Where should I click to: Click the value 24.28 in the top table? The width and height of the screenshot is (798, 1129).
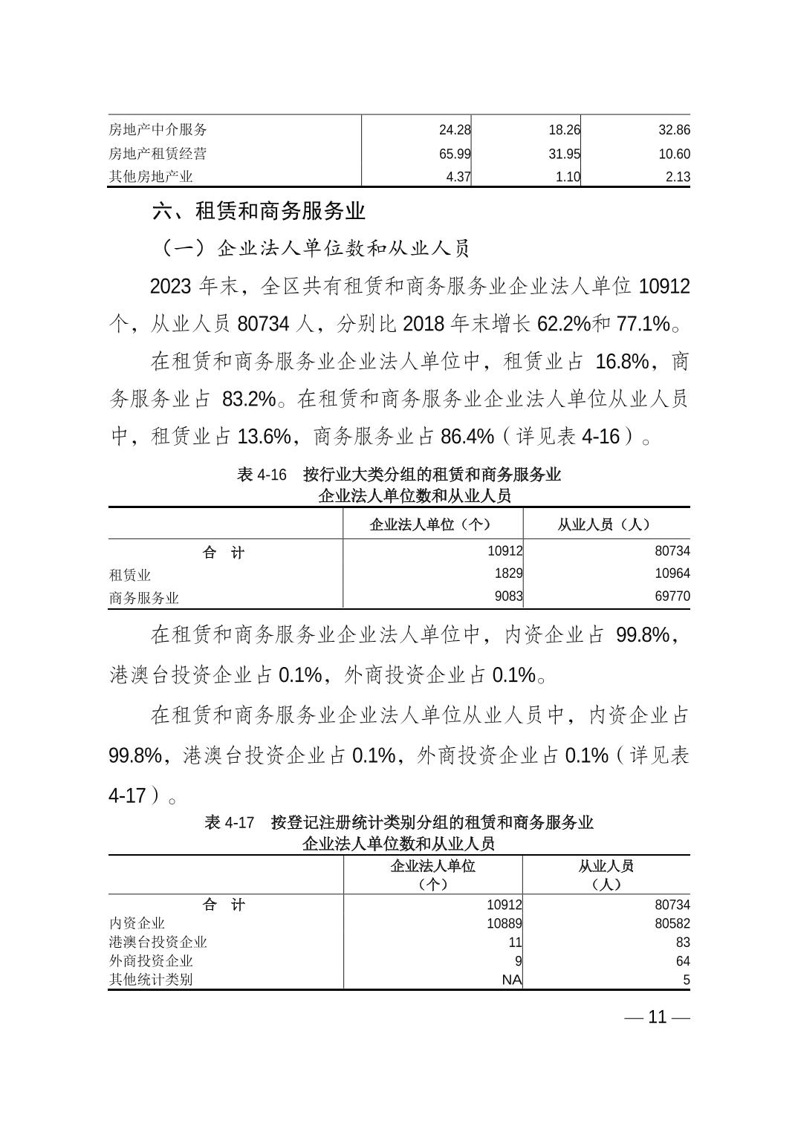click(455, 130)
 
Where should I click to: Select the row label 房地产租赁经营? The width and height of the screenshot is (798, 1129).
click(158, 154)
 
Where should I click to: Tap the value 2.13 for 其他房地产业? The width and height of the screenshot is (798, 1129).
click(674, 177)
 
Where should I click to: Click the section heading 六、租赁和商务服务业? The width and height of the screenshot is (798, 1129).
click(259, 211)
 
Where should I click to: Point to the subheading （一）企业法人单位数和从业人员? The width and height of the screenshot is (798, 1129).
click(315, 248)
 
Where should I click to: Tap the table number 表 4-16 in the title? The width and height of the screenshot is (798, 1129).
click(261, 475)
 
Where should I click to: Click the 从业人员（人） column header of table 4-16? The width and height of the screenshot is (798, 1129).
click(606, 524)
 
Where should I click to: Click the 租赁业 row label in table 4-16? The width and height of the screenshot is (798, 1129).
click(130, 575)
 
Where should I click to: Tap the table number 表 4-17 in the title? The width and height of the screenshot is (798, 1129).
click(229, 822)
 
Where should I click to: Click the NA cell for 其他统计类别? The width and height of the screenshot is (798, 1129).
click(511, 980)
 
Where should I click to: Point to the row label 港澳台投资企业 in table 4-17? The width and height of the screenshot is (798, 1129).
click(158, 942)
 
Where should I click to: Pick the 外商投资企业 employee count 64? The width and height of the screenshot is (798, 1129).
click(682, 961)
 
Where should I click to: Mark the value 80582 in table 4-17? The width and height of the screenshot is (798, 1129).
click(672, 923)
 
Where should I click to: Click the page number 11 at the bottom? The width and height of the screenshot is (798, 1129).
click(658, 1017)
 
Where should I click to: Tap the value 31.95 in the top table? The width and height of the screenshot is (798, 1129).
click(564, 154)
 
